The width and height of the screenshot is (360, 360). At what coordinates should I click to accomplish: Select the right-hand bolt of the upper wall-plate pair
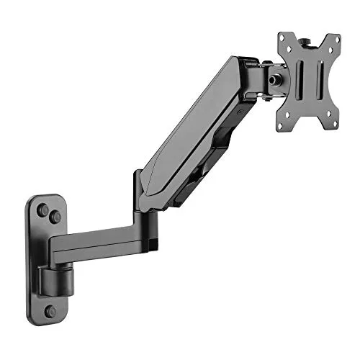tap(55, 214)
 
